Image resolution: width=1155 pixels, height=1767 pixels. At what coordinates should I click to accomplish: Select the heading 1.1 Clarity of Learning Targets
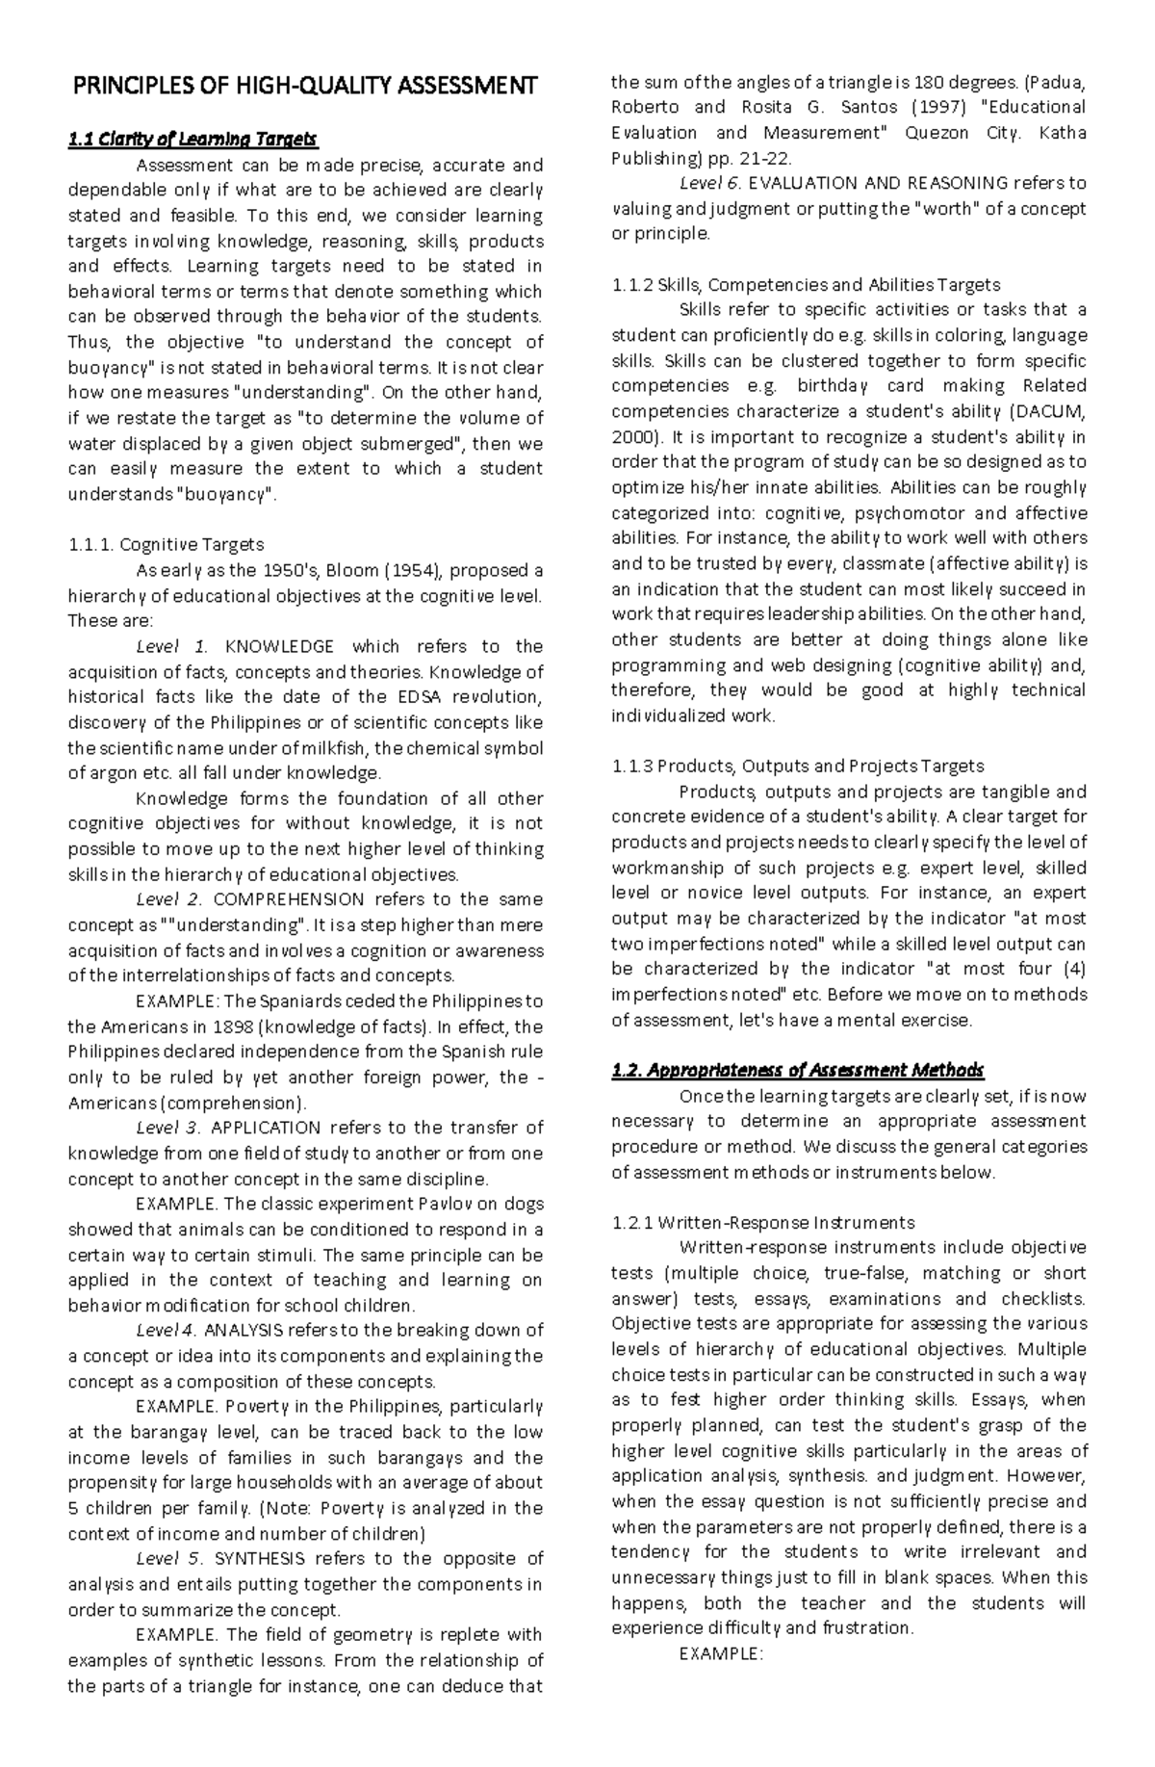pyautogui.click(x=192, y=140)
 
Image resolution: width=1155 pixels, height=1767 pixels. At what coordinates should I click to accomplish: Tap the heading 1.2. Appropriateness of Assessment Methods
pyautogui.click(x=798, y=1070)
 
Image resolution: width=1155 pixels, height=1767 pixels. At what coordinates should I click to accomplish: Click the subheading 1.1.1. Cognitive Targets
pyautogui.click(x=166, y=545)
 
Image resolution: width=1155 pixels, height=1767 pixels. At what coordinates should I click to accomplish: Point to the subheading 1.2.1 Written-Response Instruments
pyautogui.click(x=763, y=1223)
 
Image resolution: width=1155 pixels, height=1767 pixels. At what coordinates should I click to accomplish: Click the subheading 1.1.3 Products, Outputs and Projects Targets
pyautogui.click(x=798, y=767)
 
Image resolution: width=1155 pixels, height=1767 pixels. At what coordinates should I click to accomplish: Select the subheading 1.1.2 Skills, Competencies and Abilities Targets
pyautogui.click(x=806, y=285)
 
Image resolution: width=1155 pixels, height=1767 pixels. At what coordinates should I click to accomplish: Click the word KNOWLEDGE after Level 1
pyautogui.click(x=279, y=646)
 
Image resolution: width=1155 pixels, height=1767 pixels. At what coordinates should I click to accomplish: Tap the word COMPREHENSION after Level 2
pyautogui.click(x=288, y=899)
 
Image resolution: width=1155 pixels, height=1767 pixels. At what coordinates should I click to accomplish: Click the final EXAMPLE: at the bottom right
pyautogui.click(x=721, y=1653)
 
